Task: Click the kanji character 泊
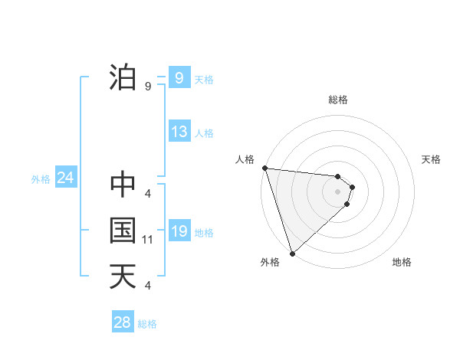pyautogui.click(x=123, y=78)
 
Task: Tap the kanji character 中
pyautogui.click(x=123, y=185)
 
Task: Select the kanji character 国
pyautogui.click(x=123, y=231)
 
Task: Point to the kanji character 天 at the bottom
pyautogui.click(x=123, y=277)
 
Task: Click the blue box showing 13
pyautogui.click(x=179, y=132)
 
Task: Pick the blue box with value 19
pyautogui.click(x=179, y=231)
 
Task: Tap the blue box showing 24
pyautogui.click(x=65, y=178)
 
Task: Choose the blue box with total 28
pyautogui.click(x=123, y=322)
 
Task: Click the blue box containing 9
pyautogui.click(x=179, y=78)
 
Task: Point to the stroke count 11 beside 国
pyautogui.click(x=148, y=240)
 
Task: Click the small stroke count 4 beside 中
pyautogui.click(x=148, y=194)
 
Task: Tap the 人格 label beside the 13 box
pyautogui.click(x=204, y=133)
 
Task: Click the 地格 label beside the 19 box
pyautogui.click(x=204, y=233)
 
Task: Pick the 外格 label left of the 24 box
pyautogui.click(x=41, y=180)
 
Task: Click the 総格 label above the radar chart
pyautogui.click(x=338, y=100)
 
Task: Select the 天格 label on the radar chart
pyautogui.click(x=431, y=159)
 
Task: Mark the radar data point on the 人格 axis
pyautogui.click(x=264, y=168)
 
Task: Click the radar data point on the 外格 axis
pyautogui.click(x=292, y=252)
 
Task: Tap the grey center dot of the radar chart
pyautogui.click(x=338, y=191)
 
